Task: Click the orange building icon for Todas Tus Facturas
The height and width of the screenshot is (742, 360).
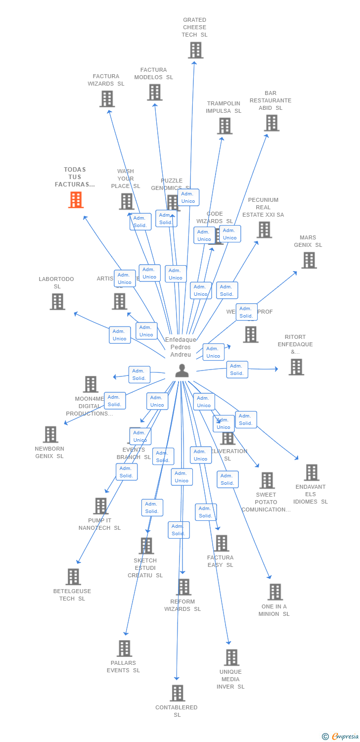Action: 76,200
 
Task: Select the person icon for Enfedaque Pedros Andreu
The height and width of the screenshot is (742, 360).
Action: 182,370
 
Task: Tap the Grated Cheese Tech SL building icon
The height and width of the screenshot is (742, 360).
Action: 195,50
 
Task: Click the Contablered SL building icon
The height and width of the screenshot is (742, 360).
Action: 178,693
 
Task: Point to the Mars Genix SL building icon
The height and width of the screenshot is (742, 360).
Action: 309,260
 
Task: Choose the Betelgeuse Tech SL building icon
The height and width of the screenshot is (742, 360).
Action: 73,577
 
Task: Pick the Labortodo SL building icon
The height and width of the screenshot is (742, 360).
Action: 57,302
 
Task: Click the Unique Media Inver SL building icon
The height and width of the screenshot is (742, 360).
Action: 231,657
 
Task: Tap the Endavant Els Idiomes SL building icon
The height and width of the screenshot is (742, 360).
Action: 311,472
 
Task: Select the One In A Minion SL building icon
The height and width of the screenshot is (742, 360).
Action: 275,592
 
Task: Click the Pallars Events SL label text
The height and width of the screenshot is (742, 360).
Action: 123,666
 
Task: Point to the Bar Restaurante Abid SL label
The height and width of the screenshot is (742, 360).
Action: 270,100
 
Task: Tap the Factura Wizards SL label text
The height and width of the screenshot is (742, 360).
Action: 106,80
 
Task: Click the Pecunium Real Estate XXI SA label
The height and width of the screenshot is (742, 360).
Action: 263,207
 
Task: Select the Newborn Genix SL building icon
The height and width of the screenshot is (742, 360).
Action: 50,434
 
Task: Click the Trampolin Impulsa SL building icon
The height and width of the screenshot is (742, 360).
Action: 225,126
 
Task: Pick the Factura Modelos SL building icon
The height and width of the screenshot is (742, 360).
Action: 154,92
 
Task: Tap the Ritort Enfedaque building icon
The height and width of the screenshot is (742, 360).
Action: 296,367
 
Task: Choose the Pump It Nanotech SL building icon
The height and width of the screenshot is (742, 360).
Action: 101,506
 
